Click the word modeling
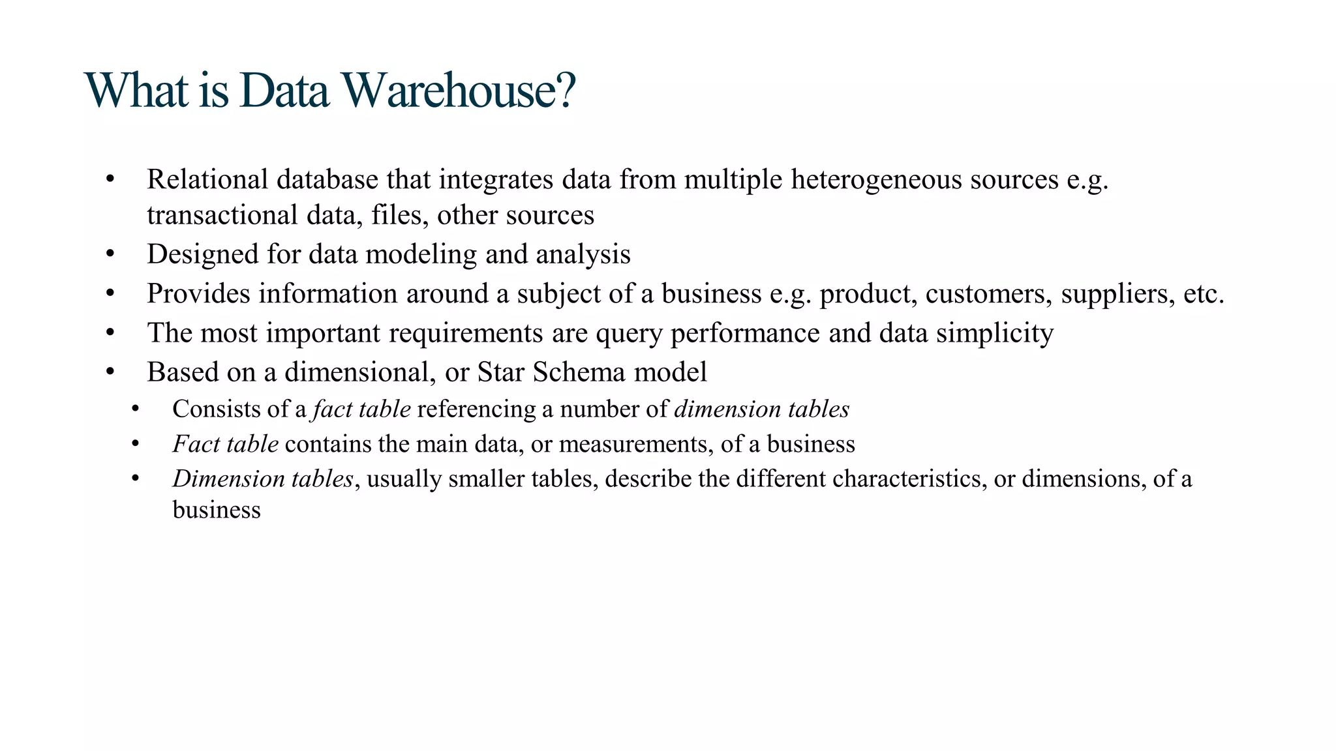tap(421, 254)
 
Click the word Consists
tap(215, 409)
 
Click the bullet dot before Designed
tap(110, 254)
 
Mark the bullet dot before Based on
tap(110, 372)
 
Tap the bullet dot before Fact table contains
tap(135, 443)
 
